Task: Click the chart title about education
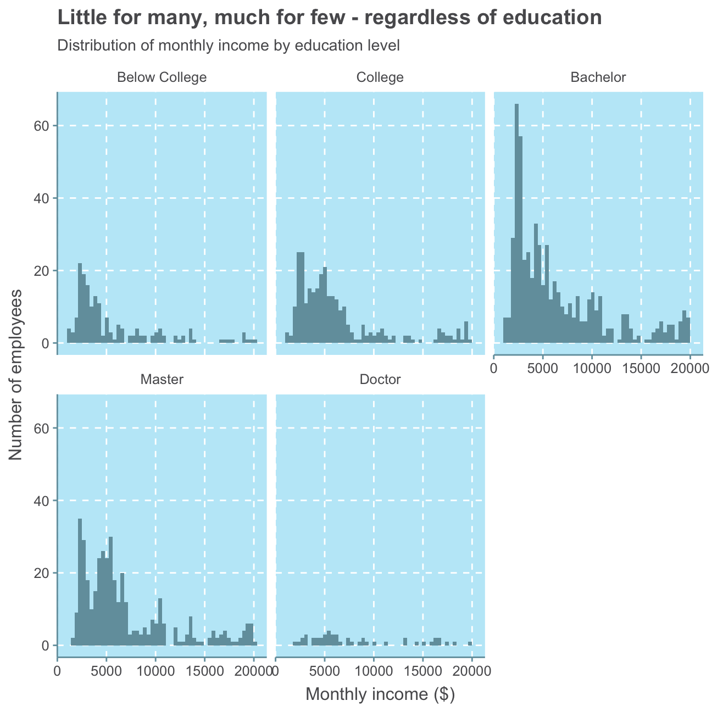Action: click(x=330, y=18)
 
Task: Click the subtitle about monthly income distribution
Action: click(x=228, y=45)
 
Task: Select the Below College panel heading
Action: click(x=162, y=77)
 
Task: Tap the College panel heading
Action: click(x=380, y=77)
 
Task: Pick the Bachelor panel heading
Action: click(x=598, y=77)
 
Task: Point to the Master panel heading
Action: click(x=162, y=379)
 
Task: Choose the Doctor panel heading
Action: click(x=380, y=379)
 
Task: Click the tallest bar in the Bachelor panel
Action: click(x=516, y=220)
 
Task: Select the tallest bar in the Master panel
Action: click(x=80, y=582)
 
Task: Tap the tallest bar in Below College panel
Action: click(x=80, y=302)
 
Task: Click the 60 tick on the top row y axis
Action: click(x=43, y=126)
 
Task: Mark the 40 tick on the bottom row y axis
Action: click(x=43, y=500)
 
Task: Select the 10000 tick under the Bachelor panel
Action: click(x=592, y=368)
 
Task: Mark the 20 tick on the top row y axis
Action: click(x=43, y=271)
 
